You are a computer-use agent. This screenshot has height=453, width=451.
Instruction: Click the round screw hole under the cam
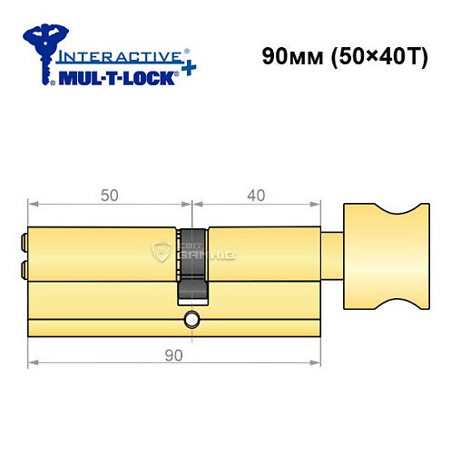point(191,319)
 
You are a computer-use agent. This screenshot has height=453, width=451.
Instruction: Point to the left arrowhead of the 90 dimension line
point(33,363)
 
